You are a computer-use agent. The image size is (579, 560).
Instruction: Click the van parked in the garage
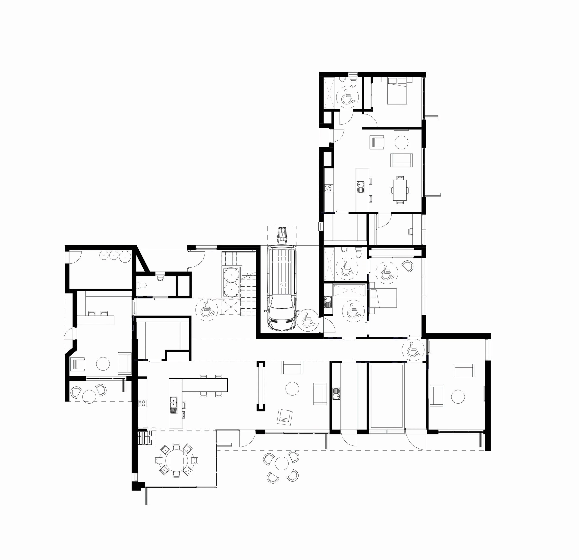pyautogui.click(x=281, y=287)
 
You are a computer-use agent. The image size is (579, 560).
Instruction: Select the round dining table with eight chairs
pyautogui.click(x=177, y=460)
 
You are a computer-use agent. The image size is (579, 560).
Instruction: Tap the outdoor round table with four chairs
pyautogui.click(x=281, y=463)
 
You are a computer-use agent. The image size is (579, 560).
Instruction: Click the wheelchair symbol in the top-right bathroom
pyautogui.click(x=348, y=97)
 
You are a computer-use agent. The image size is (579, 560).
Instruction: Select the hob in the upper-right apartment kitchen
pyautogui.click(x=328, y=188)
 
